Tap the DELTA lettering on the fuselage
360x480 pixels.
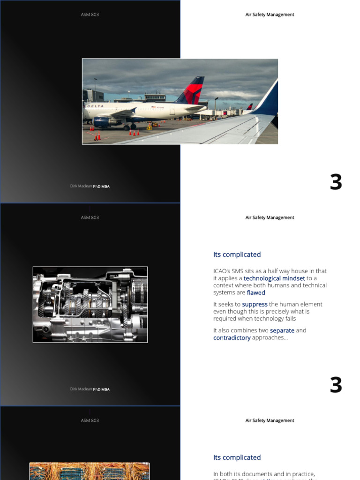tap(95, 106)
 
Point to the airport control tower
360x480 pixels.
tap(155, 97)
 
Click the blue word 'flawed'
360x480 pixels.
tap(256, 293)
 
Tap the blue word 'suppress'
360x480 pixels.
tap(255, 305)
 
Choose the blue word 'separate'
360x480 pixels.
tap(282, 330)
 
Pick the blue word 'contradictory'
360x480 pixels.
tap(232, 338)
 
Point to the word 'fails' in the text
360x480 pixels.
tap(302, 319)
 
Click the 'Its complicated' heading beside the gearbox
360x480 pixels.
tap(237, 255)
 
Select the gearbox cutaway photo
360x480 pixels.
tap(90, 305)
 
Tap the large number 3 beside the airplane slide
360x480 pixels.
tap(336, 182)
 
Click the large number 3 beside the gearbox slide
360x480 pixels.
tap(336, 385)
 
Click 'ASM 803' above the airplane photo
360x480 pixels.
tap(90, 15)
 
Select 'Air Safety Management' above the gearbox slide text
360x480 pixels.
tap(270, 217)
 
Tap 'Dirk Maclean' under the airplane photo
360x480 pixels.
tap(81, 186)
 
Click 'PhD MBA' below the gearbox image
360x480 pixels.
tap(101, 390)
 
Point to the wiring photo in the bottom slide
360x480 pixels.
tap(90, 471)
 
